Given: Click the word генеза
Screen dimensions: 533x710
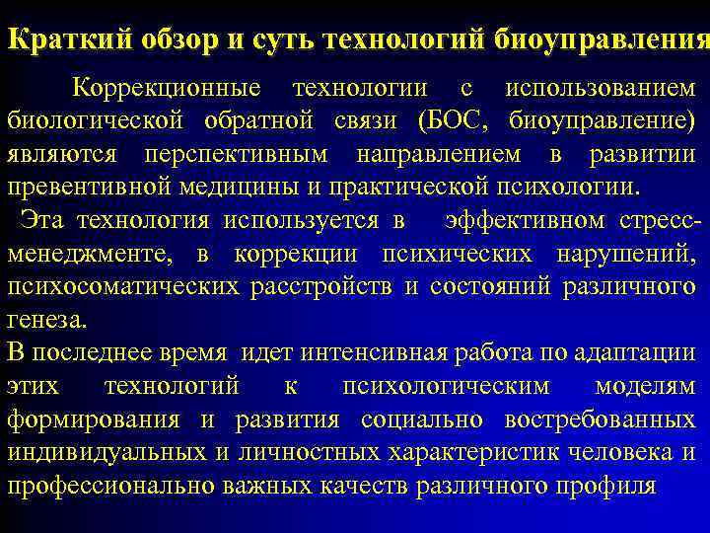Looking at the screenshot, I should [x=45, y=321].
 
